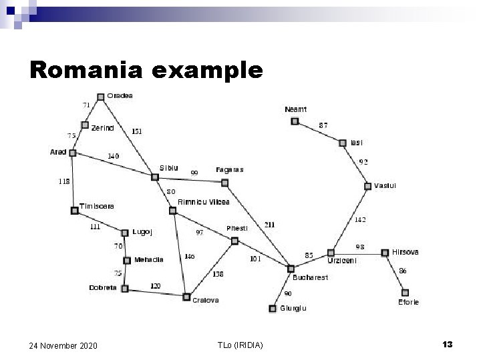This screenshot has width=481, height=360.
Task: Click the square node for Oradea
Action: [x=100, y=97]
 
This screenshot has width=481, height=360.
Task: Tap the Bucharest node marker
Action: [x=290, y=269]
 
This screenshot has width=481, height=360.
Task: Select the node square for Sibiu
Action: [x=154, y=177]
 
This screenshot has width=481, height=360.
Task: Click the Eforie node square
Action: [x=404, y=292]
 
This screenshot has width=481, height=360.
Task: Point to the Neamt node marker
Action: [x=295, y=121]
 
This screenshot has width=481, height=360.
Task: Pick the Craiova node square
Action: [x=186, y=297]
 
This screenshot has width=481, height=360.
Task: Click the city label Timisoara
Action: [x=97, y=206]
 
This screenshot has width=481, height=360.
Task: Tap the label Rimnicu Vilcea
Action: [x=204, y=202]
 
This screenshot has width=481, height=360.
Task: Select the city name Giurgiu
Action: [x=293, y=308]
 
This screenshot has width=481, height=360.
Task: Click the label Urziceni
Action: [x=341, y=261]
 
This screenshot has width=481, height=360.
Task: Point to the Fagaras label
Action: [x=230, y=170]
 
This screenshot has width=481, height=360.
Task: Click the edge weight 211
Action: [x=269, y=225]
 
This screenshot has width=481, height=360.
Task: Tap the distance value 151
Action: [x=136, y=131]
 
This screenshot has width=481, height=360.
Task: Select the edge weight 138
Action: [x=218, y=273]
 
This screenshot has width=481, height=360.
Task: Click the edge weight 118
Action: [x=64, y=181]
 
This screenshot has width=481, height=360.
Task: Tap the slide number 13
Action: [x=448, y=344]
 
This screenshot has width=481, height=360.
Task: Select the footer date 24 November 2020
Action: [x=63, y=345]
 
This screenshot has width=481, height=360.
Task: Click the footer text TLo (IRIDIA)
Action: [x=240, y=344]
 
